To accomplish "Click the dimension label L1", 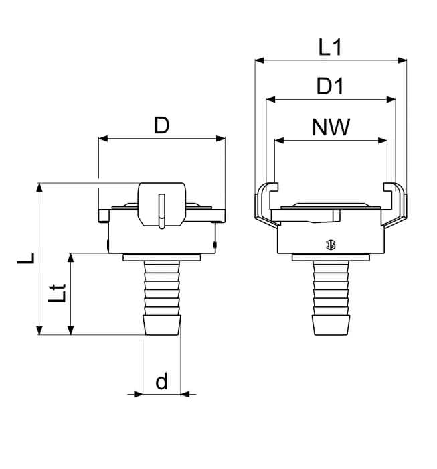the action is [330, 48].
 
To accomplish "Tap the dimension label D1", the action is [330, 86].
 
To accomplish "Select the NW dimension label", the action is [331, 127].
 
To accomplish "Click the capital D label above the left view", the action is [161, 125].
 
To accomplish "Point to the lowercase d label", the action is [161, 381].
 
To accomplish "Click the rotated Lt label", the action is [57, 293].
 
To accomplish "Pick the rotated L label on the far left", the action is [26, 258].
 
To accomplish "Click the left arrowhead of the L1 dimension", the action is [260, 60].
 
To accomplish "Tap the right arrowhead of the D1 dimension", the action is [391, 100].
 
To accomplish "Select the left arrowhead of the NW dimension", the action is [279, 141].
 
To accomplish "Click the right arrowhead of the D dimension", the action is [220, 139].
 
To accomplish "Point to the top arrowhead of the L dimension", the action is [39, 187].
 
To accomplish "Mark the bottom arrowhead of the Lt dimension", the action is [70, 330].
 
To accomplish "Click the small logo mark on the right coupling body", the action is [331, 245].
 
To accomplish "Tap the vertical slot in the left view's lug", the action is [161, 211].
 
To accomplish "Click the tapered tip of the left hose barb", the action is [162, 325].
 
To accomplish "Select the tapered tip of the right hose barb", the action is [331, 325].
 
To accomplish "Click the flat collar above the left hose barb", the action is [161, 257].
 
